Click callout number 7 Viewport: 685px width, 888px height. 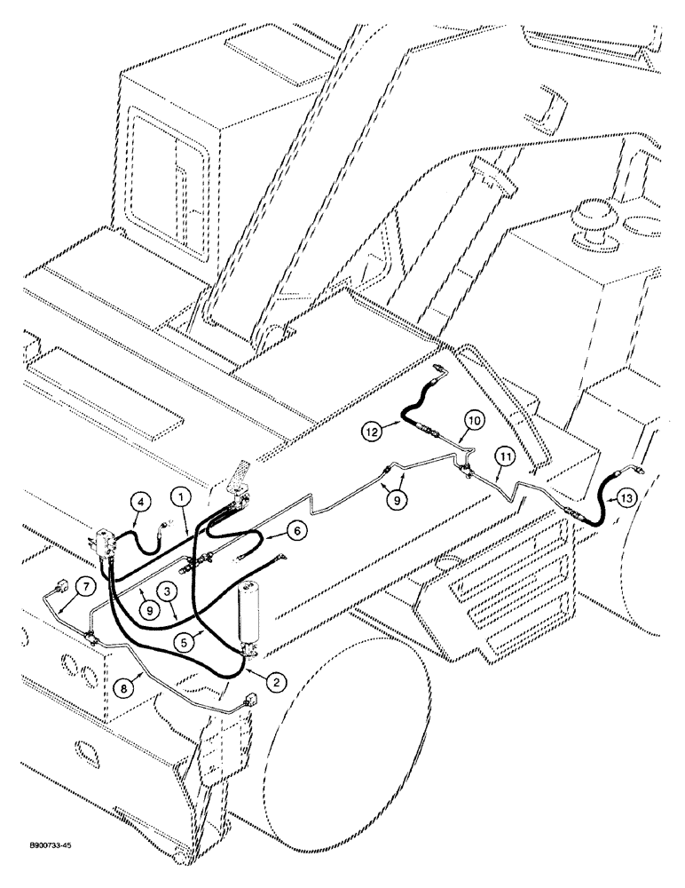(x=84, y=587)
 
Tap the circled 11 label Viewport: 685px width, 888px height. (x=505, y=458)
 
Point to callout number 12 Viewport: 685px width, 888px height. (x=374, y=432)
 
